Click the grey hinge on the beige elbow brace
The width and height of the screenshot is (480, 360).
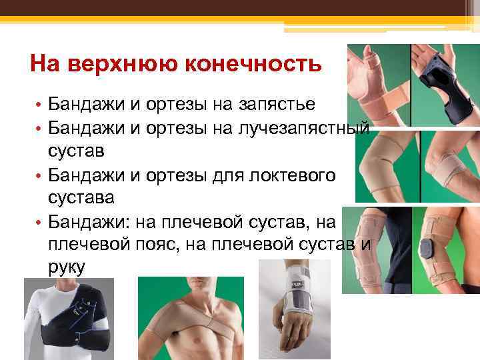pyautogui.click(x=427, y=248)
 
